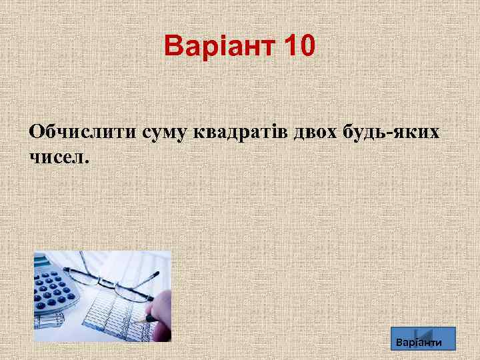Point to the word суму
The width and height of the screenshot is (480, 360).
tap(165, 132)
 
